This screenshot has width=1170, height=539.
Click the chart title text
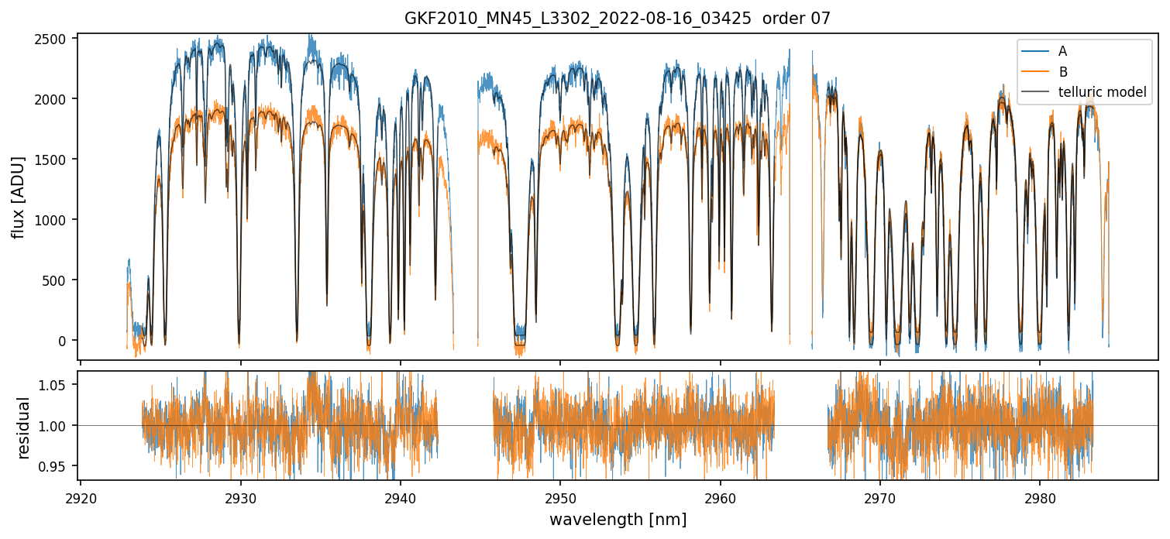click(618, 19)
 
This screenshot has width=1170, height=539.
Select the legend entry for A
click(1062, 51)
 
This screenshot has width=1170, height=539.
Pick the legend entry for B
click(1062, 72)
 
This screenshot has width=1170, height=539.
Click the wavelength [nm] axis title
click(618, 520)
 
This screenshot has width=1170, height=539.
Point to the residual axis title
click(24, 427)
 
